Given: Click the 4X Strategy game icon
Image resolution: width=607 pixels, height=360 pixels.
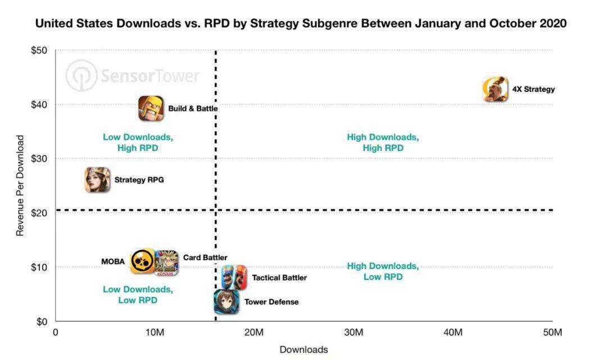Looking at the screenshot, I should [x=495, y=89].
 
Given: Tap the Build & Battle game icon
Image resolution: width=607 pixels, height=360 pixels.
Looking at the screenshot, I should [x=151, y=108].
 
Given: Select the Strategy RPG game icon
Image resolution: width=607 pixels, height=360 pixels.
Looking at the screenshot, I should [x=98, y=180].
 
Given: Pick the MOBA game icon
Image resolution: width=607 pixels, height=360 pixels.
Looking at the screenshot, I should [x=142, y=261].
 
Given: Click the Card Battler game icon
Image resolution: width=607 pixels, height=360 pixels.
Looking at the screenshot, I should [x=166, y=263].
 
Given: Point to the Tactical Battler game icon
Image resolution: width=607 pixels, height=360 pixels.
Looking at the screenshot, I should [x=234, y=277].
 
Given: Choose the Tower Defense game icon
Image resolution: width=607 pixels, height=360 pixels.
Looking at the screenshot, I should [x=227, y=302].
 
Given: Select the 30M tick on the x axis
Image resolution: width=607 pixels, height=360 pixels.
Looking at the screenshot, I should [x=354, y=332].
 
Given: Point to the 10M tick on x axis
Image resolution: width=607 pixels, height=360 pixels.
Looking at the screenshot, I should [x=155, y=332].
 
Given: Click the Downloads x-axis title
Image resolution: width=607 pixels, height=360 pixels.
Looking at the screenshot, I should [x=303, y=350].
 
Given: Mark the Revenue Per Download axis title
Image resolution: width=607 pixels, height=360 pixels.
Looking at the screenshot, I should [x=20, y=185].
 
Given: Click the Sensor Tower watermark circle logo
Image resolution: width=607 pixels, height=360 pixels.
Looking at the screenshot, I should [x=81, y=76].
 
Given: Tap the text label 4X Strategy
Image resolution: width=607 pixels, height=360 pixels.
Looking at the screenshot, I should [x=533, y=89].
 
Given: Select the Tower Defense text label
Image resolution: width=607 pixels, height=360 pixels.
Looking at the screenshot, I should [x=271, y=302].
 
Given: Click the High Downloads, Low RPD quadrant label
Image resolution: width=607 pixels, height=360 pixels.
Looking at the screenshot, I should [x=383, y=271].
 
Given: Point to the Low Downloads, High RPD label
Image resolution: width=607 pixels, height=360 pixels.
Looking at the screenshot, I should [x=138, y=143].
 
